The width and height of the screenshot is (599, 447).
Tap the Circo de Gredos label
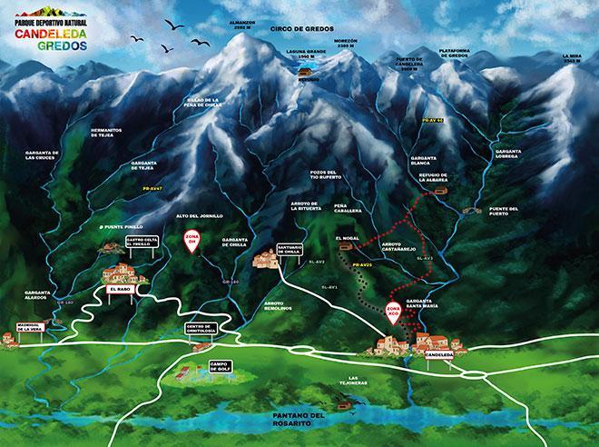(296, 29)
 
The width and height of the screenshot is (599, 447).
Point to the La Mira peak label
(573, 59)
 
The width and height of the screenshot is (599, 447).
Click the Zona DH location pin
(191, 243)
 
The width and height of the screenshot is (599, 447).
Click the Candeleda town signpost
(439, 354)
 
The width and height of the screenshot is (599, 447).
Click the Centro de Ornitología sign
(199, 328)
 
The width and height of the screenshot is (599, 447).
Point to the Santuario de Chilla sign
(289, 255)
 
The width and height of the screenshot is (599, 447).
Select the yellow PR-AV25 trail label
(363, 264)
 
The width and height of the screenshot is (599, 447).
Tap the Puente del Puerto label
(503, 211)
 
